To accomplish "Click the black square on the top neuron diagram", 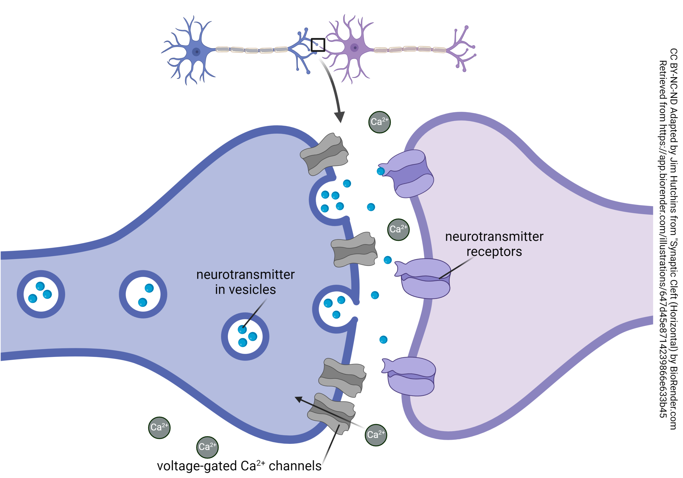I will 318,45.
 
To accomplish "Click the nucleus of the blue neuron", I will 196,52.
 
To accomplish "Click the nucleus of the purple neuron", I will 354,47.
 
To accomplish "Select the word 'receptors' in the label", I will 494,252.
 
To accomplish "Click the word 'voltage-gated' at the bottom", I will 197,466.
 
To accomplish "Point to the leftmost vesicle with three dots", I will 41,294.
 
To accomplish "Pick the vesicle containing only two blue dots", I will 143,294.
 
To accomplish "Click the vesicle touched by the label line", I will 245,336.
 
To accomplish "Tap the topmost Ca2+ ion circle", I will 380,122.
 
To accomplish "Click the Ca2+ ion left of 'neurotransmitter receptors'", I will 398,229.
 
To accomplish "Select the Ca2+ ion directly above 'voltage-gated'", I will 207,447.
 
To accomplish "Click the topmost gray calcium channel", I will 324,154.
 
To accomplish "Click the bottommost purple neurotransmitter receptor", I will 411,376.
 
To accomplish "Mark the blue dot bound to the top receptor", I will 381,171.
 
